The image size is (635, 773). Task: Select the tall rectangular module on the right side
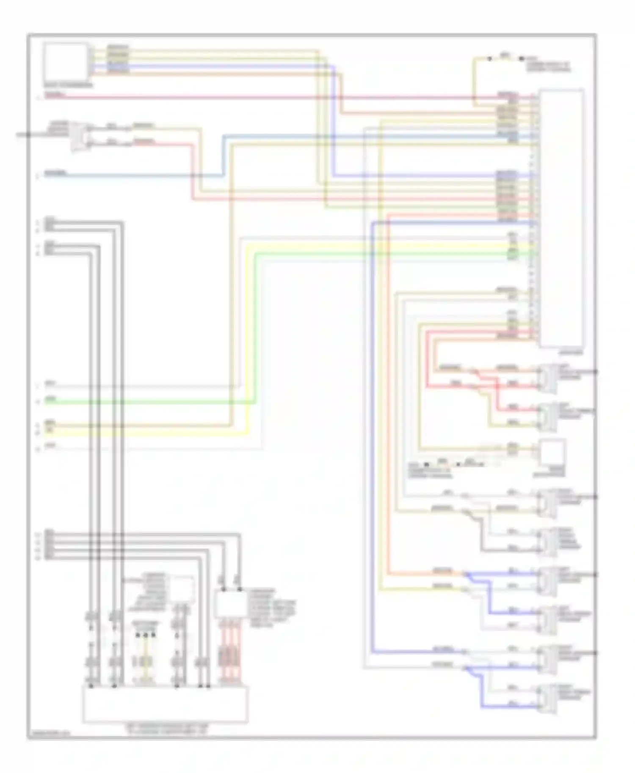tap(561, 218)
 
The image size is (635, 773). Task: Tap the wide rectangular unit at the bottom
tap(165, 704)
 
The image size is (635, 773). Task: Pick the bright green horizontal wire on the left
tap(148, 403)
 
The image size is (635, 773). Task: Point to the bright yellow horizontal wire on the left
tap(148, 433)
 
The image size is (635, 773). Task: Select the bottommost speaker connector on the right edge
tap(546, 700)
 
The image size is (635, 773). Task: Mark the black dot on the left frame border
tap(28, 135)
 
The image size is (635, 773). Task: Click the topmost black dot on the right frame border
tap(596, 372)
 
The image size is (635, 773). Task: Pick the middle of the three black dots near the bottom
tap(146, 635)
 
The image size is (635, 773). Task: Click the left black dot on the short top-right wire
tap(489, 59)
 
